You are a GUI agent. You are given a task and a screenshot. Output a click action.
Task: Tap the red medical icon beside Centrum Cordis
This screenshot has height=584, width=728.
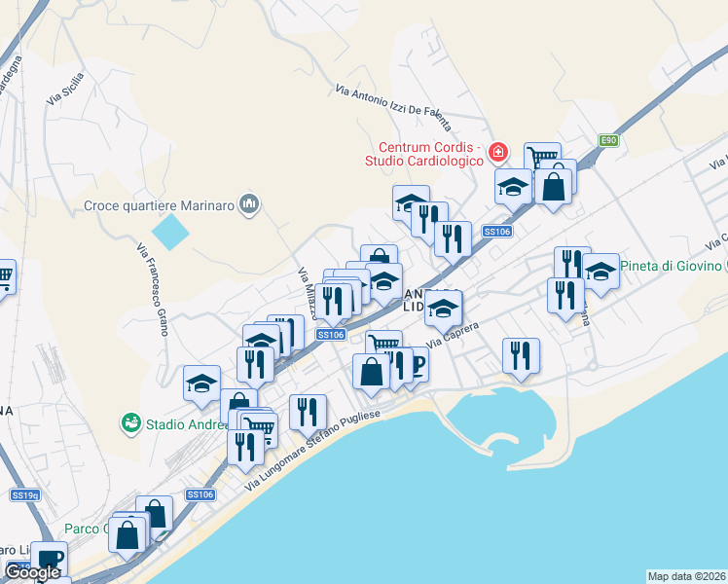pos(498,152)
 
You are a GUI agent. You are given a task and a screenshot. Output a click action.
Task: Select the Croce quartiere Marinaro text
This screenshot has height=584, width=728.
pos(161,204)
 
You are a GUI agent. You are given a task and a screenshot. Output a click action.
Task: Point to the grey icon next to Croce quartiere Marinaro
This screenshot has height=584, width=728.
pos(250,204)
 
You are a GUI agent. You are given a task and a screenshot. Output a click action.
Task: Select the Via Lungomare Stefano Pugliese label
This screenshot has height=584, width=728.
pos(325,447)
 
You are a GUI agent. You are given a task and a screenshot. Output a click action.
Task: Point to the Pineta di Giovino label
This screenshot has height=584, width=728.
pos(671,266)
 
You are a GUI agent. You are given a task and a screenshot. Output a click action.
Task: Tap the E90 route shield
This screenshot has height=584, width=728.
pos(608,141)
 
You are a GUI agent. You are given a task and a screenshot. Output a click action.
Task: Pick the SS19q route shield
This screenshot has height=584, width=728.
pos(25,495)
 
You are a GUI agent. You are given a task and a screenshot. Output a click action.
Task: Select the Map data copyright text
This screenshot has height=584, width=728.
pos(687,576)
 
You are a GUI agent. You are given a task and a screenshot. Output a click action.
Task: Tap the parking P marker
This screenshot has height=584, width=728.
pos(418,365)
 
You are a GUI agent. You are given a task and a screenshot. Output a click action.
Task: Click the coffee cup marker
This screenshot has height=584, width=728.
pos(47,558)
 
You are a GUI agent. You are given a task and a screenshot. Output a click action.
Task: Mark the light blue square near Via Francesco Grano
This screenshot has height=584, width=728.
pos(171,232)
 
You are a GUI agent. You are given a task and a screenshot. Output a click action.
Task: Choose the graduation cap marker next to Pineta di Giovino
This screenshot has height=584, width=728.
pos(601,271)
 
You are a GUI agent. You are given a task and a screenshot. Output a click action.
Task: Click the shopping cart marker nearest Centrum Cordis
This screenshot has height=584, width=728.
pos(541,157)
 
